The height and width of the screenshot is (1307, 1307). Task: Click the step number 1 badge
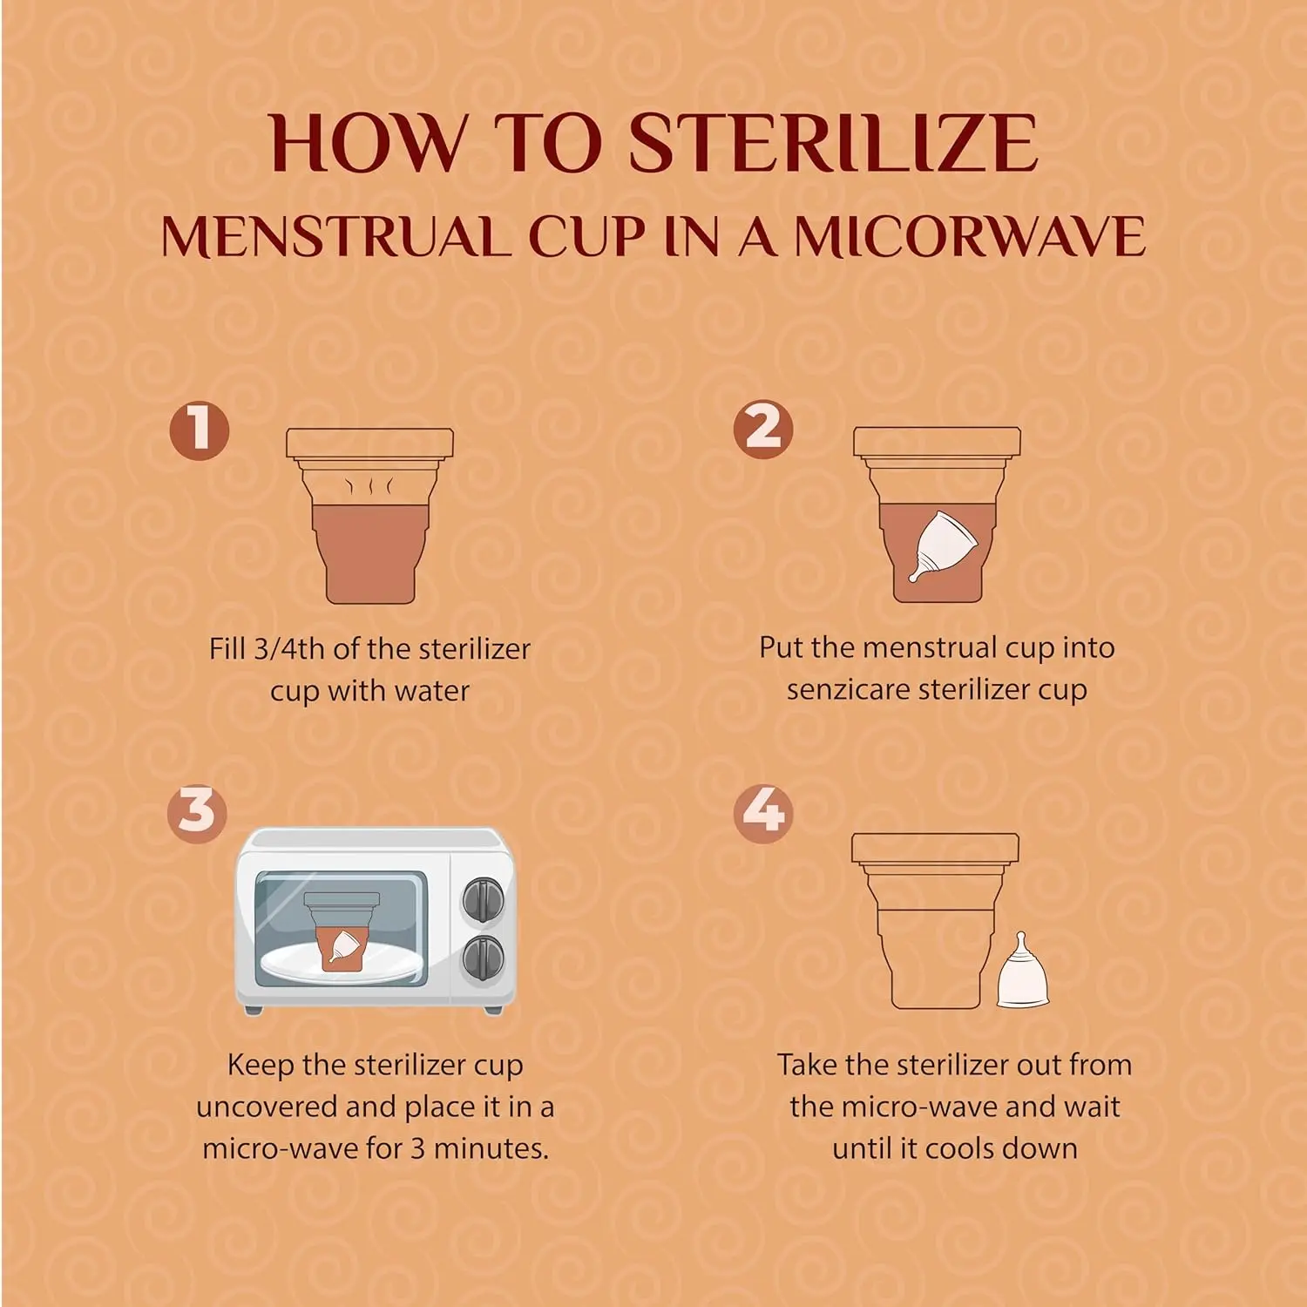click(200, 430)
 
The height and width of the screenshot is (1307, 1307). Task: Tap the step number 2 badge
click(763, 429)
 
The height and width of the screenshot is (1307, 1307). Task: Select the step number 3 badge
click(197, 813)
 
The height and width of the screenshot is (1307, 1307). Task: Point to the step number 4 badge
click(763, 813)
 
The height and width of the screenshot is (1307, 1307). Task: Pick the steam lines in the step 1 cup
click(369, 485)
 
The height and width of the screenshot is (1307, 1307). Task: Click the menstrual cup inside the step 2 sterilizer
click(939, 545)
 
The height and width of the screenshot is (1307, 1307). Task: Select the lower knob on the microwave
click(483, 958)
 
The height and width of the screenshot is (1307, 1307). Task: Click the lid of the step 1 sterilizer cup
click(369, 444)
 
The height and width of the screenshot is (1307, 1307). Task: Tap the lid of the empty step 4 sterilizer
click(935, 848)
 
